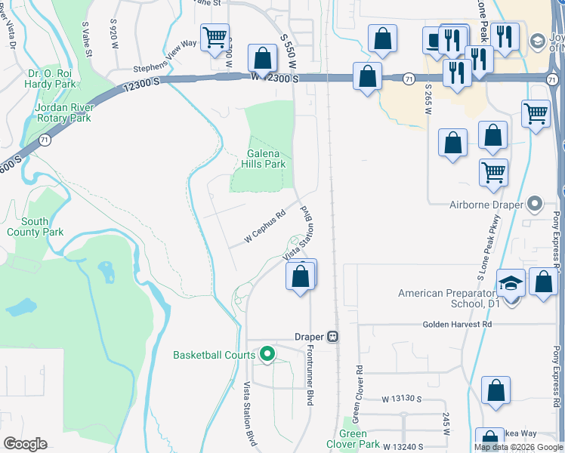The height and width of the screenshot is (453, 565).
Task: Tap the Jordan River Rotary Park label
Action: [63, 112]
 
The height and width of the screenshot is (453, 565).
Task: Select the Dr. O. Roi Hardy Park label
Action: [57, 79]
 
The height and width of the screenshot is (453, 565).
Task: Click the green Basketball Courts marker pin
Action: [267, 353]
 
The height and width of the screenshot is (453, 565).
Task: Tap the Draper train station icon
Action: [332, 337]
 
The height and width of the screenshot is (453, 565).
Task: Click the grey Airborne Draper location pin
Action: [536, 203]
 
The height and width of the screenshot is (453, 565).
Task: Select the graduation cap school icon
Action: [511, 283]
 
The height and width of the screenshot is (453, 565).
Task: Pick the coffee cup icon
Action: [434, 39]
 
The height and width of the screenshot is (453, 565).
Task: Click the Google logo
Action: [25, 444]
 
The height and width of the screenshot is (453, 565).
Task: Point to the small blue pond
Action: [20, 307]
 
